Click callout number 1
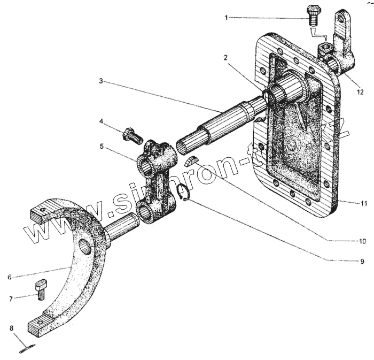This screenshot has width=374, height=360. pos(227,18)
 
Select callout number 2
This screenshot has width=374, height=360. pos(227,57)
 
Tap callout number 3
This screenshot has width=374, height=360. pos(101,81)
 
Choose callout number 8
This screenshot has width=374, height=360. pos(10,327)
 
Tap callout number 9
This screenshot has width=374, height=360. pos(362,262)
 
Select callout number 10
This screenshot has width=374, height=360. pos(362,241)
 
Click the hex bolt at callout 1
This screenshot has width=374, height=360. pos(313,15)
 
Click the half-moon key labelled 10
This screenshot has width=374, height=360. pos(192,161)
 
